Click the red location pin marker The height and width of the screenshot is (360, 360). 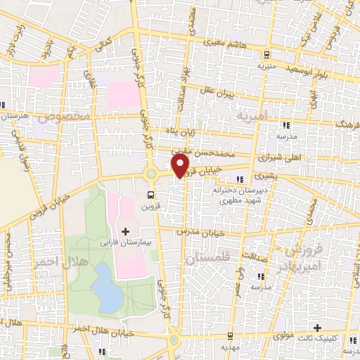(181, 165)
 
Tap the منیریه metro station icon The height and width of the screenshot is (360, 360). (266, 54)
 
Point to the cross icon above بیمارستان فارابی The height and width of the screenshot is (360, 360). (126, 231)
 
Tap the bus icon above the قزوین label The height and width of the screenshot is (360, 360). (151, 195)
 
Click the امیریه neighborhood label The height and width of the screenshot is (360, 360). (252, 114)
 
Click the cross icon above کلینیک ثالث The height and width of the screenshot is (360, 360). (318, 328)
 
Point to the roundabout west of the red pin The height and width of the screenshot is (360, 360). (150, 174)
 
